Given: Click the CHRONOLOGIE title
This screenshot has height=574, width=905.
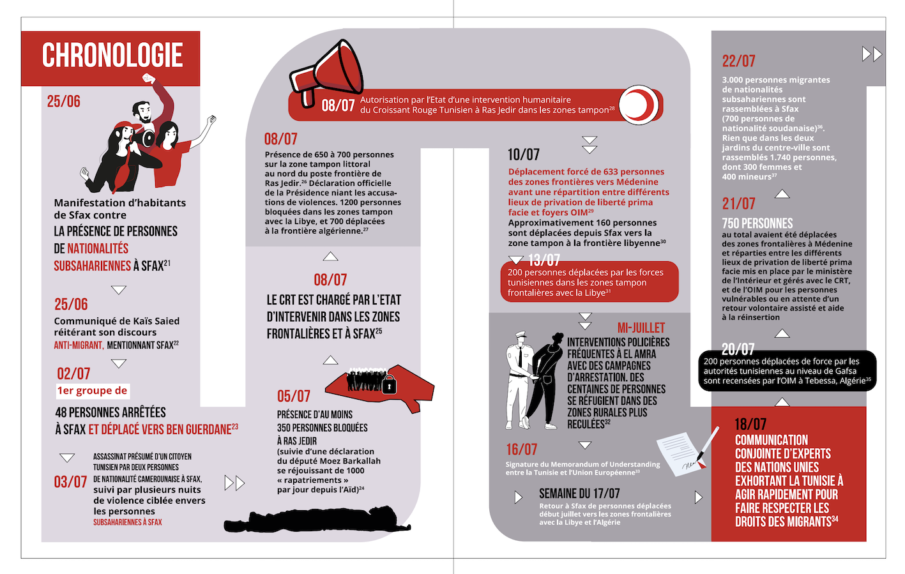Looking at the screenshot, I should [x=112, y=56].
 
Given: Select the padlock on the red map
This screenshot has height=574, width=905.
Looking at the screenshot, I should [x=389, y=385].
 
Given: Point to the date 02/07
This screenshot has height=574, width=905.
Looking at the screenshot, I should [x=73, y=374].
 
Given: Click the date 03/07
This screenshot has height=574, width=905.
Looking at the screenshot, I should [x=70, y=481].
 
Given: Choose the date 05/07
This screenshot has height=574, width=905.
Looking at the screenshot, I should [x=294, y=397].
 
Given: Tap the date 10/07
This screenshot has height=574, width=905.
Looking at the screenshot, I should [x=524, y=155].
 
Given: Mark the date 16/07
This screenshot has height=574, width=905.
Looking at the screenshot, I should [x=522, y=449].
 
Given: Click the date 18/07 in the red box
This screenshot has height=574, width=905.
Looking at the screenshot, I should [x=750, y=424].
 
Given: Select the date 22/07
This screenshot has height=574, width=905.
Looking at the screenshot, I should [x=739, y=61].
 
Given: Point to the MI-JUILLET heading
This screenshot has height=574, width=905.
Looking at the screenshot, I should [x=641, y=328].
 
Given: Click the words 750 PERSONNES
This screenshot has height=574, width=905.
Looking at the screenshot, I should [x=757, y=223].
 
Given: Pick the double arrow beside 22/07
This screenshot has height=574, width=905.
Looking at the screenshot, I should [x=872, y=54].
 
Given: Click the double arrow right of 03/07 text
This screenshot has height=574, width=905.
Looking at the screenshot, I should [x=234, y=483].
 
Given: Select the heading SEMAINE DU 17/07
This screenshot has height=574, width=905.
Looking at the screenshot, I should [x=579, y=494].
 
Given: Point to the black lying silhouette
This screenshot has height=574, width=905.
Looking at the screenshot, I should [x=316, y=520].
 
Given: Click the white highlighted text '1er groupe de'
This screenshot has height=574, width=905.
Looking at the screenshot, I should [x=93, y=391].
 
